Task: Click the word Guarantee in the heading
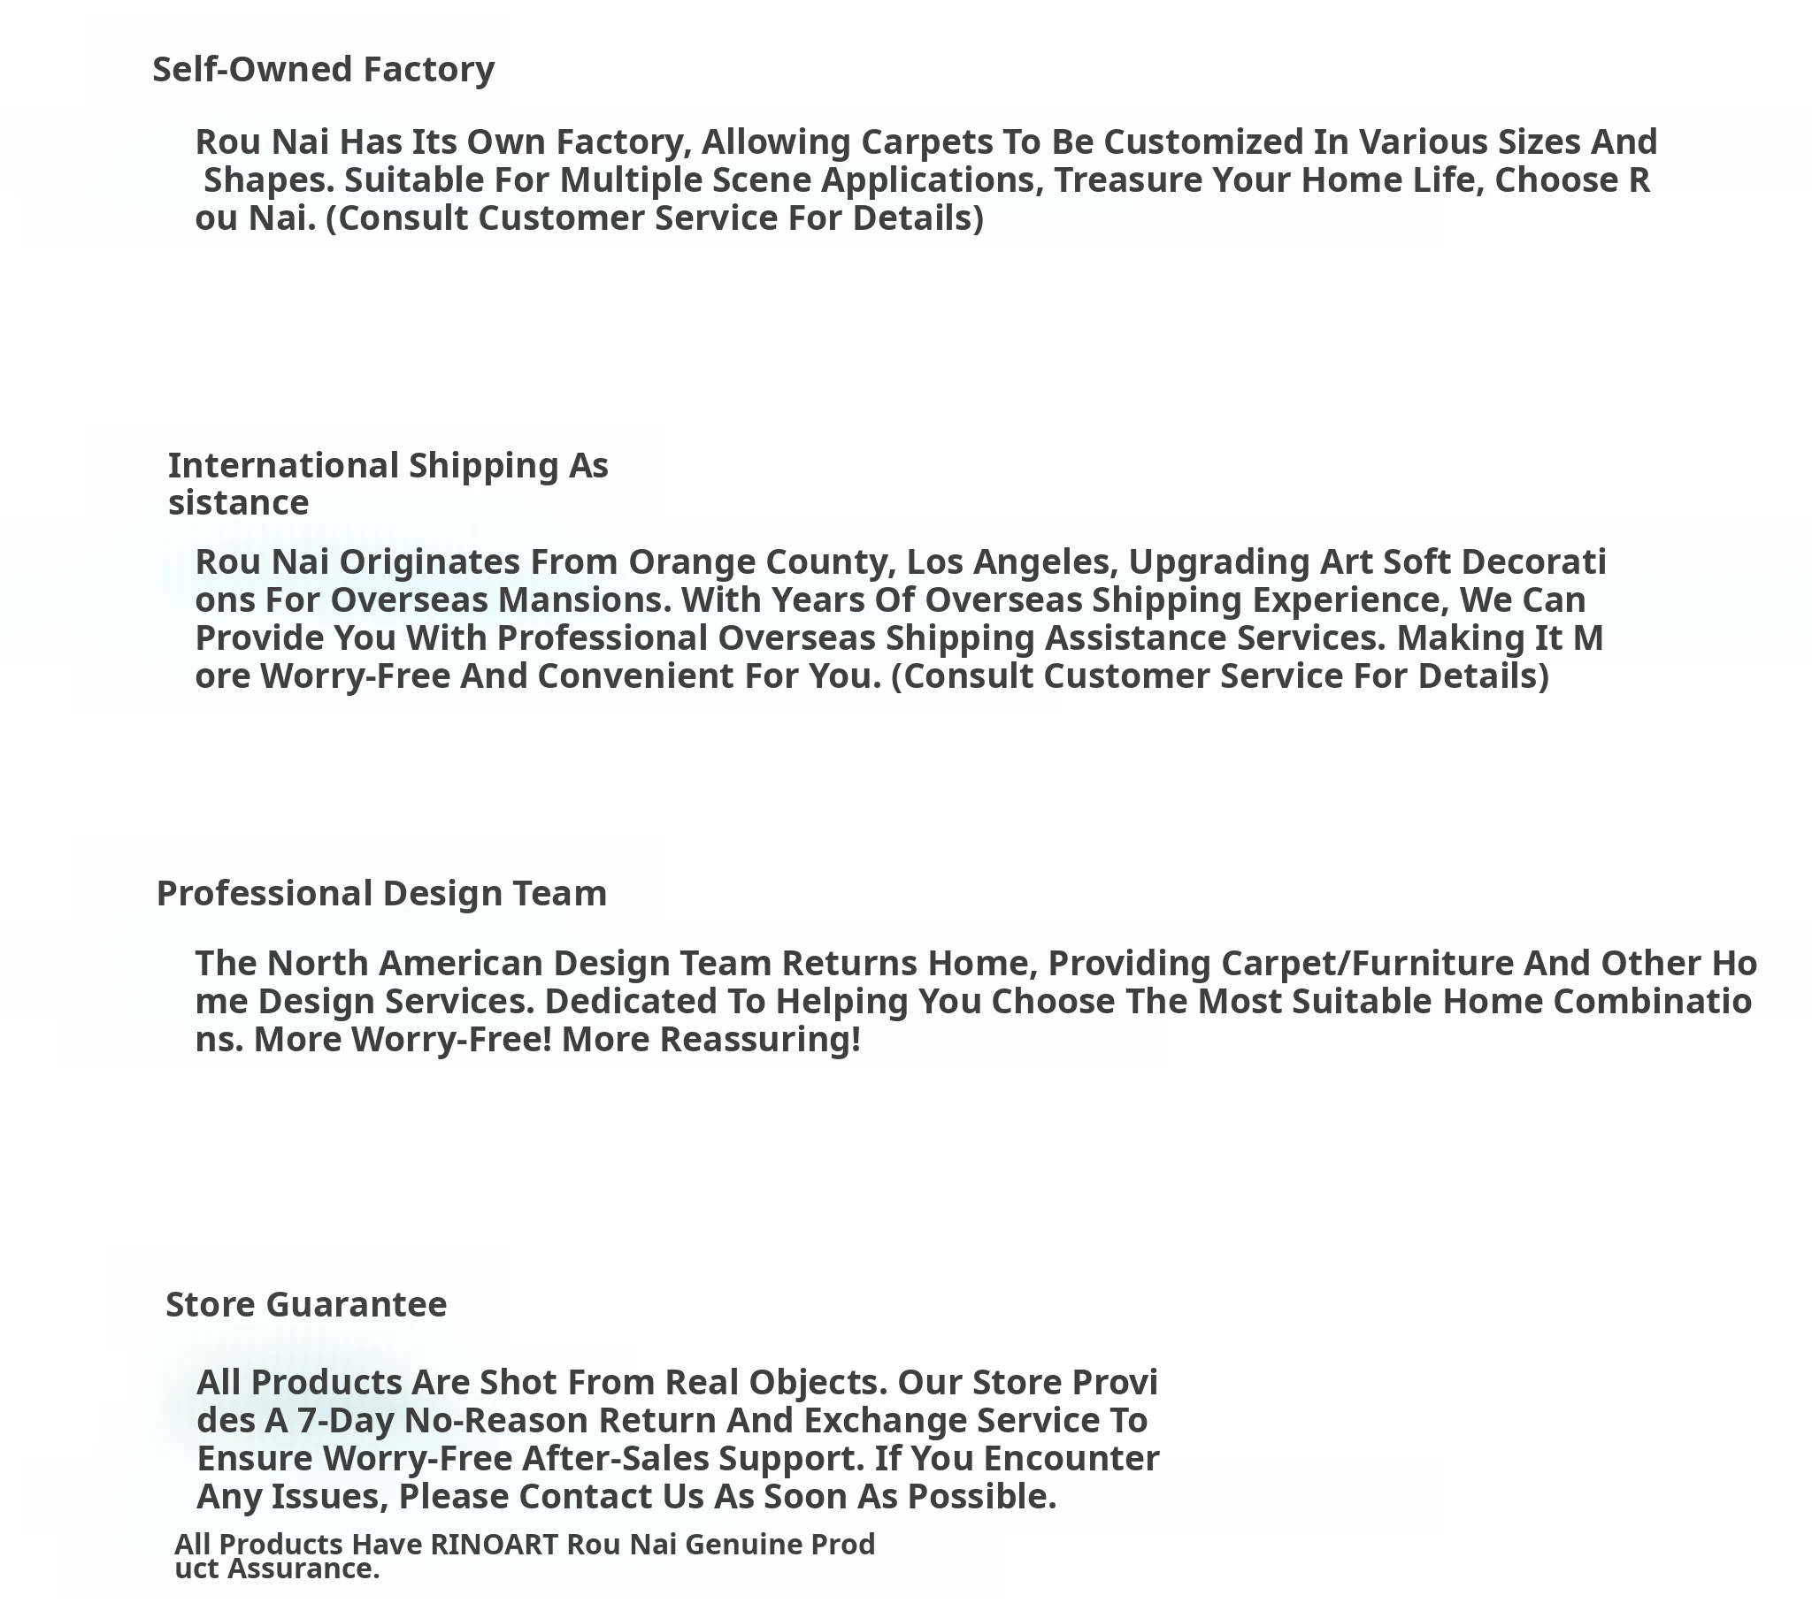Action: pyautogui.click(x=356, y=1304)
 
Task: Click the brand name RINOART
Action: pyautogui.click(x=494, y=1545)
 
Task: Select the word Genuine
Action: pyautogui.click(x=744, y=1545)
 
